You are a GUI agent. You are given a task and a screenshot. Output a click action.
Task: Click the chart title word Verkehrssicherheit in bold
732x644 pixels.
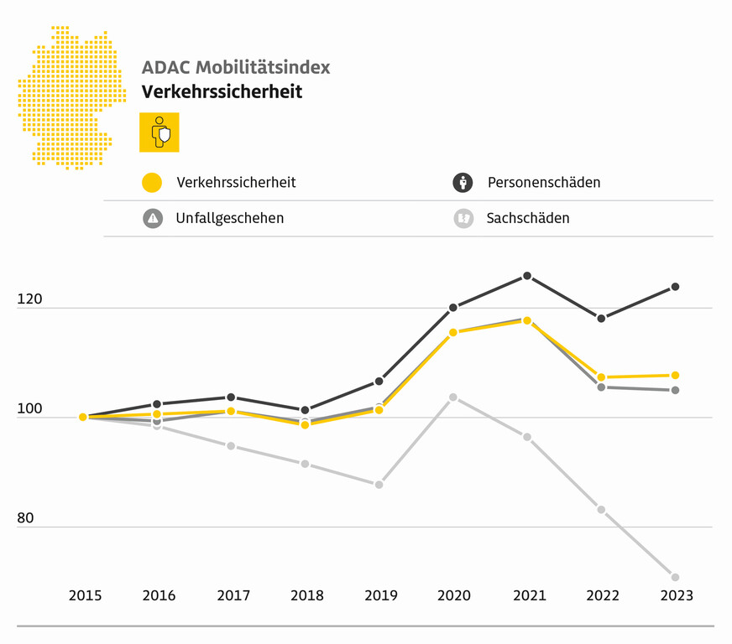pos(222,91)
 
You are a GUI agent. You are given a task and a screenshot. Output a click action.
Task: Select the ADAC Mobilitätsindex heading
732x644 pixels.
pos(236,67)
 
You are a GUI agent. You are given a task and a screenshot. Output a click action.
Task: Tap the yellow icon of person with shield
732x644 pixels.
pos(159,132)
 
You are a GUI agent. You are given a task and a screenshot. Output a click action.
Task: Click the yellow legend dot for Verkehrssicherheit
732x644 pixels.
pos(152,182)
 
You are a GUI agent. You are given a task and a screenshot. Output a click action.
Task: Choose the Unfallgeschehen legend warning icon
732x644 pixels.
pos(152,218)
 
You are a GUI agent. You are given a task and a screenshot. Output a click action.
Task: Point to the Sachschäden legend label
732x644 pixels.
pos(528,218)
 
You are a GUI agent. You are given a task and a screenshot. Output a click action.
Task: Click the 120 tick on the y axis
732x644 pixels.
pos(29,299)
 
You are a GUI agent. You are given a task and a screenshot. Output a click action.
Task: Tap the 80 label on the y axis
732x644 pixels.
pos(25,517)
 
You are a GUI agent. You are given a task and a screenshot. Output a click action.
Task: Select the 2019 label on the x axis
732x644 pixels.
pos(381,595)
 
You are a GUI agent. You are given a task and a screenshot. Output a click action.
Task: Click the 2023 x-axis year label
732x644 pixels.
pos(677,595)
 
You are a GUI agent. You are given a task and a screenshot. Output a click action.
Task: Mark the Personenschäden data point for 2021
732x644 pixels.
pos(527,276)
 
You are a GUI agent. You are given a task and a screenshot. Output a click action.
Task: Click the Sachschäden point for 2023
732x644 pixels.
pos(675,577)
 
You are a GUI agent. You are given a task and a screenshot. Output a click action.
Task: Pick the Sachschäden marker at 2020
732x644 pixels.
pos(453,397)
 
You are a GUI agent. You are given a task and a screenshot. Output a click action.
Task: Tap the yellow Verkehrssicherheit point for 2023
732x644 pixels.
pos(675,375)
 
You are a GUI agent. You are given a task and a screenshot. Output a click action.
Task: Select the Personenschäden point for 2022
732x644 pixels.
pos(601,319)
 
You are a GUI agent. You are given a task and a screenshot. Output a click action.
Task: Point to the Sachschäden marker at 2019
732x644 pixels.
pos(379,485)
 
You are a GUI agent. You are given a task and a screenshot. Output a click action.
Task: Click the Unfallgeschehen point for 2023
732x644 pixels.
pos(675,390)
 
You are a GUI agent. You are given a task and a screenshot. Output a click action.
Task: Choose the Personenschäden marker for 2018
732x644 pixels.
pos(305,410)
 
